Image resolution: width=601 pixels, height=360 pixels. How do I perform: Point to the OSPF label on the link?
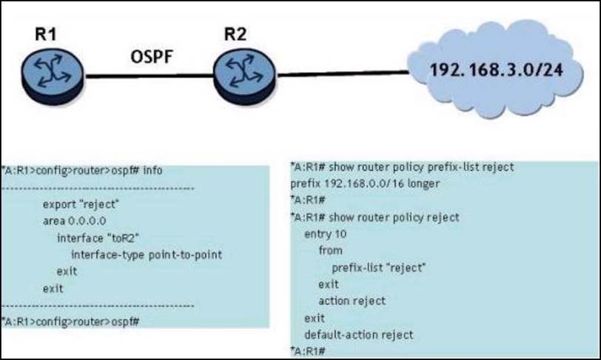click(152, 57)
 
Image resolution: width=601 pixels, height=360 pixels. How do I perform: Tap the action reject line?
click(352, 301)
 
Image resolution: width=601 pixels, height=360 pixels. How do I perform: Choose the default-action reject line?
click(359, 334)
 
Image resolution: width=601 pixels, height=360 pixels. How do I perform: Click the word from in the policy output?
click(330, 250)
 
